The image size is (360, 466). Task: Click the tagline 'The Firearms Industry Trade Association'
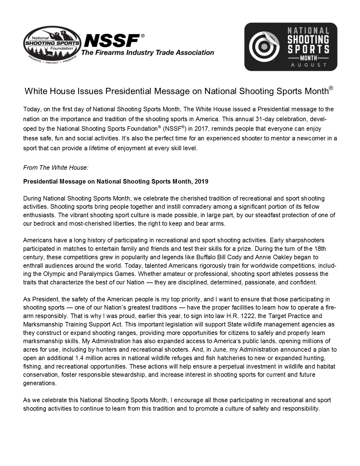coord(147,53)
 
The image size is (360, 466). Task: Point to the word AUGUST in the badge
coord(309,65)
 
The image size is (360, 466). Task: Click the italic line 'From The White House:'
coord(56,168)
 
